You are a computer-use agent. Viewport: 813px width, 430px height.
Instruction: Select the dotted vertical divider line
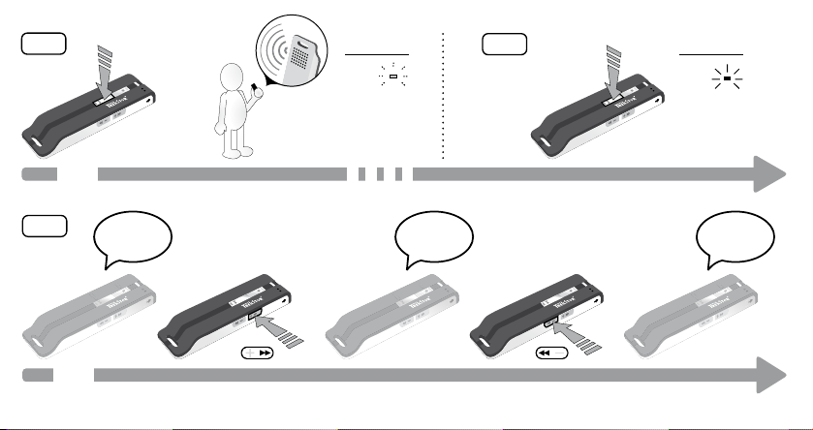[x=443, y=97]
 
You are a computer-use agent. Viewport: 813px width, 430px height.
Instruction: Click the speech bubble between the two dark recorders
[x=434, y=236]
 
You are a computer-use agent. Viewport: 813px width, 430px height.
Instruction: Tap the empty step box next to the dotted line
[x=505, y=45]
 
